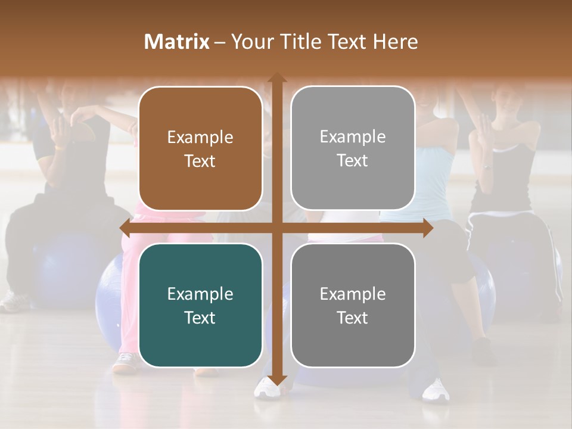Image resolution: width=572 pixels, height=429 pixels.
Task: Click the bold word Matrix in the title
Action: pyautogui.click(x=177, y=42)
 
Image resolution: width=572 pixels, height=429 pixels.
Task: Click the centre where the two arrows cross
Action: pyautogui.click(x=276, y=228)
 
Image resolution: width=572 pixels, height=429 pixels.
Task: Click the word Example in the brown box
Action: pyautogui.click(x=200, y=138)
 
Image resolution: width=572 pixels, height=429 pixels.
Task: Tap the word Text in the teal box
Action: pyautogui.click(x=200, y=318)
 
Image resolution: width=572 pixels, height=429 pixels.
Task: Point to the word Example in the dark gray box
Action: pyautogui.click(x=353, y=294)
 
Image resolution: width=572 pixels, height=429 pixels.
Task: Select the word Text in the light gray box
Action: pyautogui.click(x=353, y=160)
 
